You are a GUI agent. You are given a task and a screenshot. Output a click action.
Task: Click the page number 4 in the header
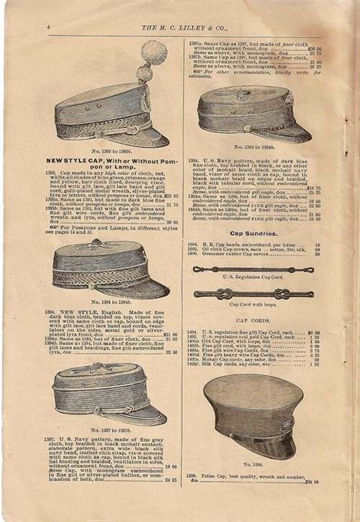(48, 27)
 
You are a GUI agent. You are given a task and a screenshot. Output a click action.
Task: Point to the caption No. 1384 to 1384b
(254, 147)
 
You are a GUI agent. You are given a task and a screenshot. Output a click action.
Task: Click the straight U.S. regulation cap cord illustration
(254, 269)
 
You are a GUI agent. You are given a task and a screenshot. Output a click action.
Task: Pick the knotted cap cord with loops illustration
(254, 294)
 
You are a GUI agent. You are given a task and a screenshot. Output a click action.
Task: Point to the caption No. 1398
(254, 464)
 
